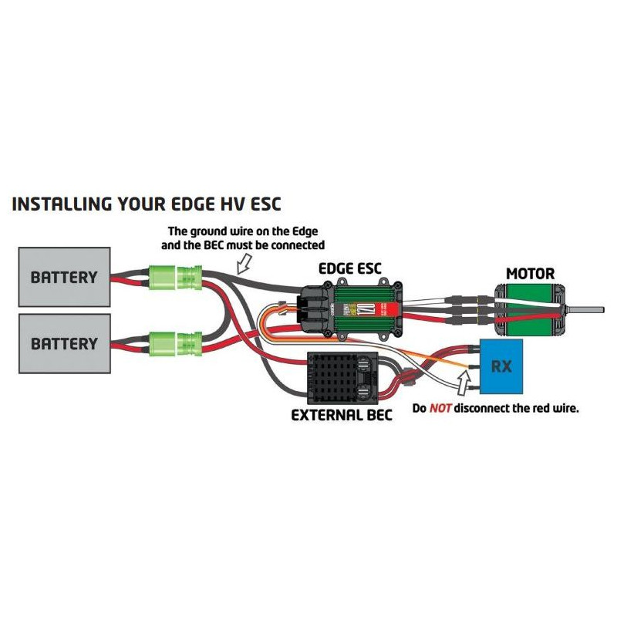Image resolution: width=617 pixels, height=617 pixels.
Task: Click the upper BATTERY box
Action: [x=64, y=276]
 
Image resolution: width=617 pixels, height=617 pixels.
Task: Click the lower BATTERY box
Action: [x=64, y=342]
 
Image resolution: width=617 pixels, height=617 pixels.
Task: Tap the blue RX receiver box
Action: [x=501, y=365]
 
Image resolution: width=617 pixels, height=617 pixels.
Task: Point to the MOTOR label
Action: [x=530, y=273]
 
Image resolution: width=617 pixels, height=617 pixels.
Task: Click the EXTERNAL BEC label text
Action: [x=342, y=415]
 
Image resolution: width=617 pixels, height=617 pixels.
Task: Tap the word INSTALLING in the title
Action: [x=62, y=204]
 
